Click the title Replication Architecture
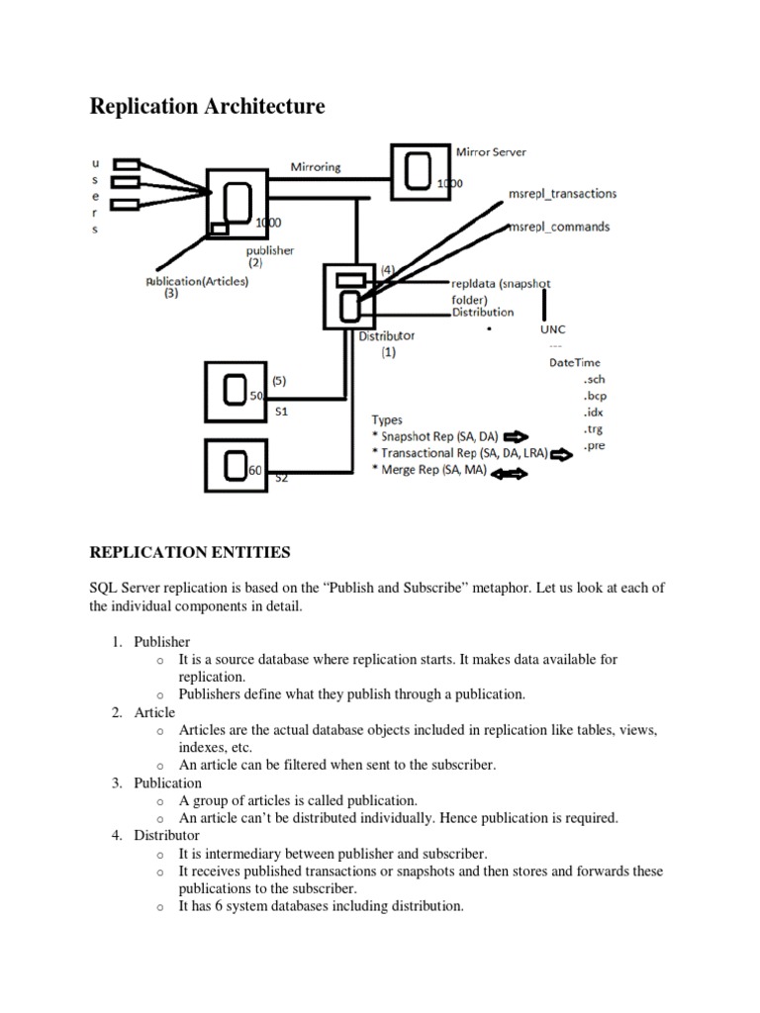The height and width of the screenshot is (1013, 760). pos(207,106)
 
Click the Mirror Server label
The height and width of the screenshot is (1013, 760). pos(491,152)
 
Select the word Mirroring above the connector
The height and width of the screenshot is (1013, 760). pos(316,167)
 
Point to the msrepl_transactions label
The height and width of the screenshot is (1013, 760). pos(561,194)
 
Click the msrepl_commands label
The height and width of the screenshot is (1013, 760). pos(558,227)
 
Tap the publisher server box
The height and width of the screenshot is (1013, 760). pos(237,203)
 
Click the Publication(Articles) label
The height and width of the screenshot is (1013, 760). pos(198,280)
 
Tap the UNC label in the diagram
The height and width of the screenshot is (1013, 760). pos(554,328)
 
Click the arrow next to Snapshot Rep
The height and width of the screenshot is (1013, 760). pos(516,436)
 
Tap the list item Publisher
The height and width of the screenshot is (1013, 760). pos(162,642)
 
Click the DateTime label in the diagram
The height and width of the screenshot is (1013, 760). pos(574,363)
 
